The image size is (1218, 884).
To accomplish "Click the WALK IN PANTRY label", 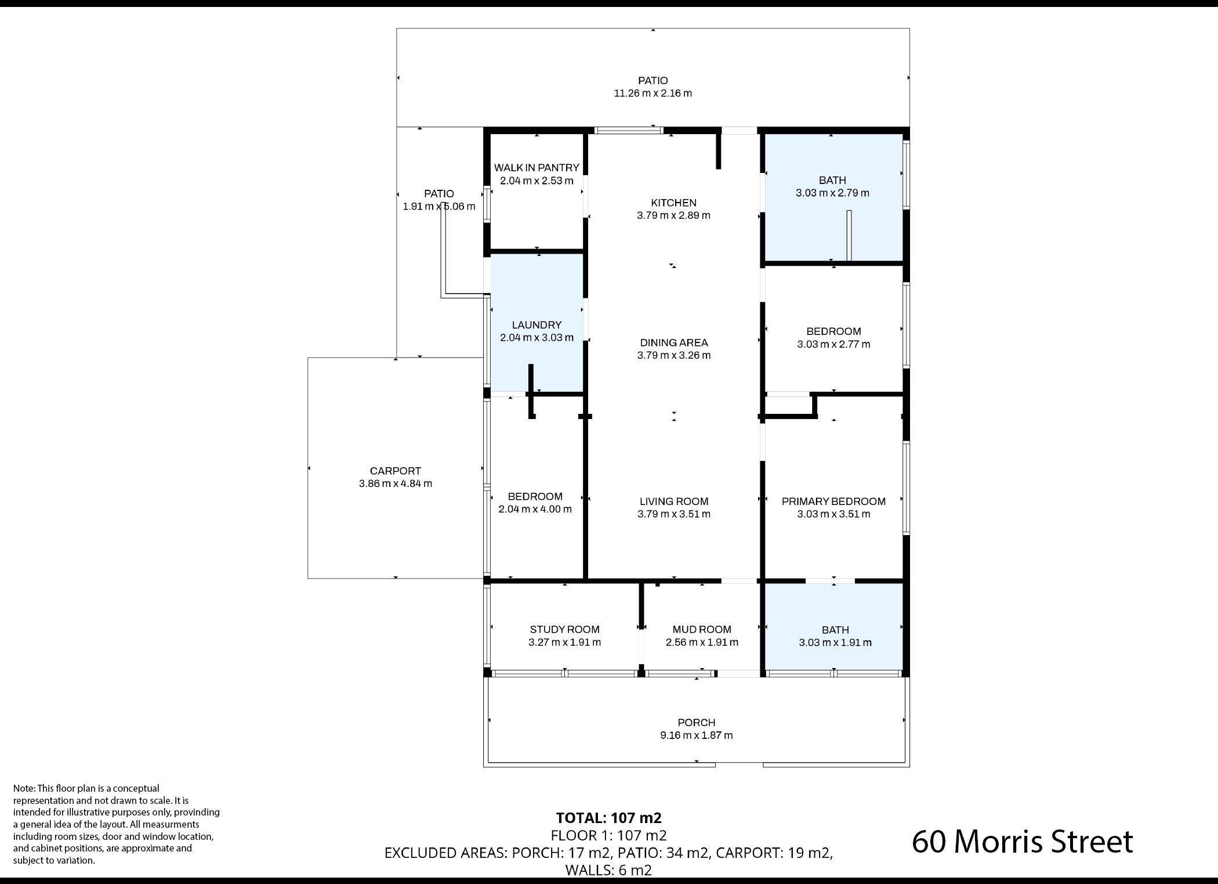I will [x=536, y=168].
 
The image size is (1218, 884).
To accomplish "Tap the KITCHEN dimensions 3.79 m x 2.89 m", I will [x=673, y=215].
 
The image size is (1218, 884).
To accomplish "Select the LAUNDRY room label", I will [x=536, y=325].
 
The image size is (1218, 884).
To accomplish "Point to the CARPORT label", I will [x=396, y=471].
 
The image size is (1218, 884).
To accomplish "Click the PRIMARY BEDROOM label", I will [x=833, y=501].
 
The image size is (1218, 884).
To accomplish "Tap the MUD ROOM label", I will [x=702, y=630].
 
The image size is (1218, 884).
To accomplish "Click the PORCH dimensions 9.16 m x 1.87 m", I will [x=697, y=735].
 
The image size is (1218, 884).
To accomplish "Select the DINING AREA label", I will [x=674, y=343].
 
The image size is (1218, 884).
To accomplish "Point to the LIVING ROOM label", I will [x=674, y=501].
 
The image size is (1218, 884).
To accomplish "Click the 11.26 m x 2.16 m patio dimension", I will [x=653, y=93].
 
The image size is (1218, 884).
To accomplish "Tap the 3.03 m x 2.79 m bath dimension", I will [x=832, y=193].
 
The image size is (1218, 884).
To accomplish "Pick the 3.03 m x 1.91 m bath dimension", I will [x=835, y=643].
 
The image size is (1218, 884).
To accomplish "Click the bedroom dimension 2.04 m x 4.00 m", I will [x=535, y=509].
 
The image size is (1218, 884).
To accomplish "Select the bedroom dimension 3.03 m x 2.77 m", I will [x=833, y=344].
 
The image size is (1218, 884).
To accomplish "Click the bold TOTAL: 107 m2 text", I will [x=608, y=818].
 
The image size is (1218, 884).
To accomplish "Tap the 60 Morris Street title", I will [x=1022, y=842].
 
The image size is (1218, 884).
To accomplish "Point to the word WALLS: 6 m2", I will [x=608, y=870].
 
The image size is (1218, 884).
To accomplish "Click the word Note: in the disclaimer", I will [x=24, y=788].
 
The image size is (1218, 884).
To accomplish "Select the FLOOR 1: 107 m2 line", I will [x=608, y=836].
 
